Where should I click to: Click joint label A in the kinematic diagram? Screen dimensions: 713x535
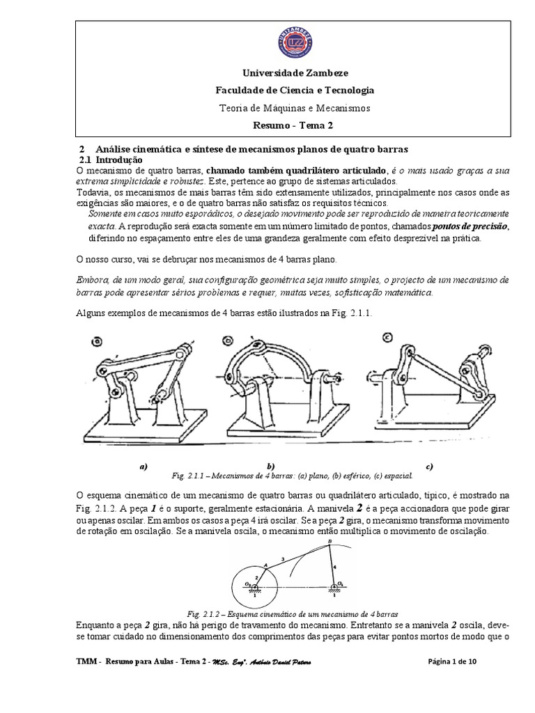point(265,565)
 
